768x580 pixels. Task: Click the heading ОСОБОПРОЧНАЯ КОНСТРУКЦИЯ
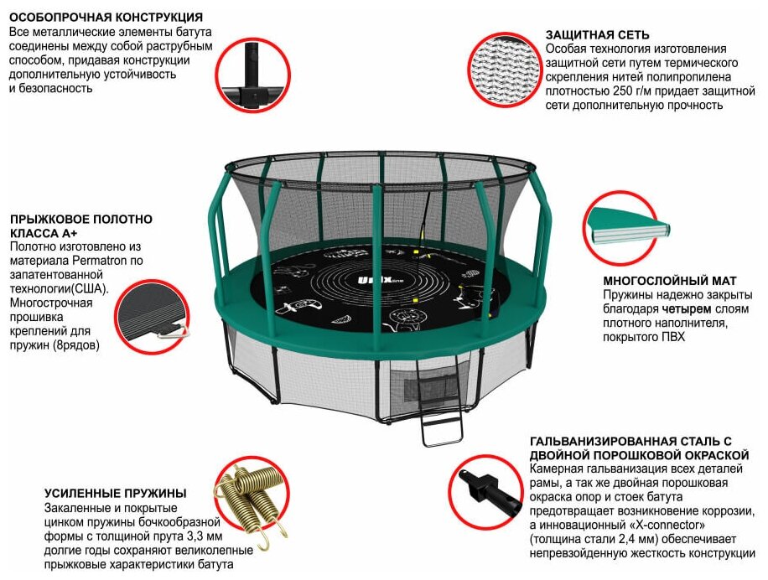coord(106,17)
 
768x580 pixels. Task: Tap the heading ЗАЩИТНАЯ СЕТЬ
coord(597,34)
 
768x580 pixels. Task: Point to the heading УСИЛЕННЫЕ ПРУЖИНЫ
coord(116,493)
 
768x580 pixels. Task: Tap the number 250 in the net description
coord(622,91)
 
